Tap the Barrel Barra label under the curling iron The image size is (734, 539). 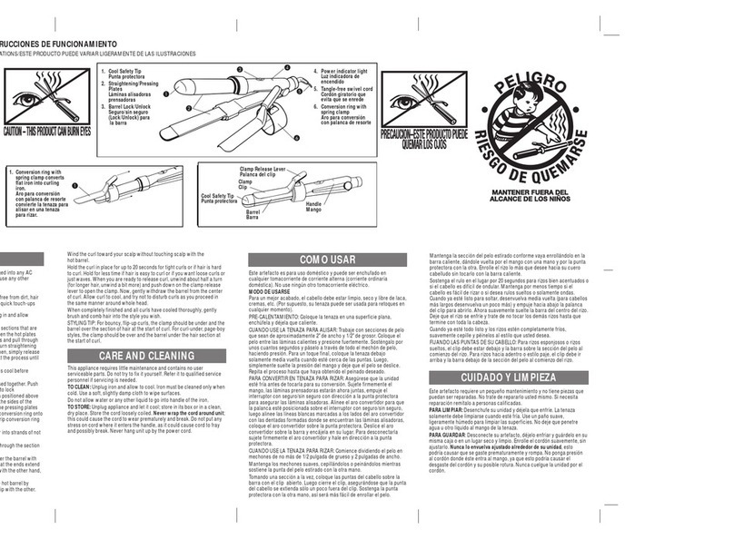point(253,214)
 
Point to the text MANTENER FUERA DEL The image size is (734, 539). point(554,191)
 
